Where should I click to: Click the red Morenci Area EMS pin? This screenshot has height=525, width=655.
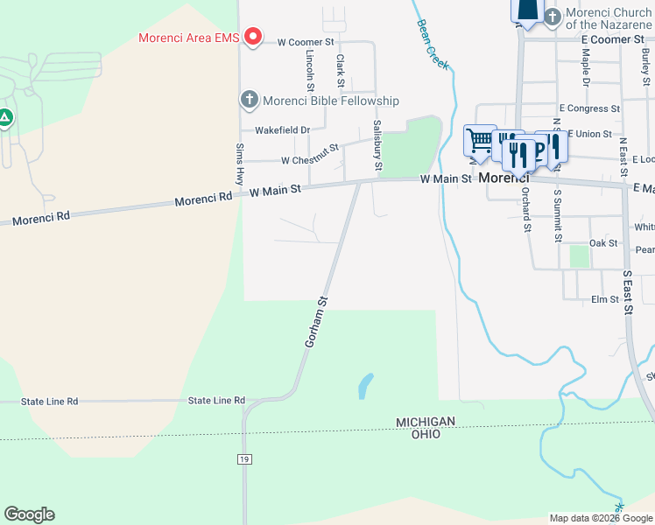pos(253,36)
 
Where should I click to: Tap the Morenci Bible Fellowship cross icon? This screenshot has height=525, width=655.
pos(249,100)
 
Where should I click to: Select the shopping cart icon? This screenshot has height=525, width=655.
pos(479,139)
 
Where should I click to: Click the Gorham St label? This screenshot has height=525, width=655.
pos(315,322)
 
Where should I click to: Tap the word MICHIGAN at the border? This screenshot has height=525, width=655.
pos(426,422)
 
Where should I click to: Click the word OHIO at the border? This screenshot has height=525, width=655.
pos(426,434)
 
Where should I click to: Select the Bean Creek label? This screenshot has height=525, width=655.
pos(433,45)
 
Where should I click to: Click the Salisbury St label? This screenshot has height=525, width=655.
pos(378,144)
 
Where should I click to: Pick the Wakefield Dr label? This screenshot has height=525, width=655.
pos(282,130)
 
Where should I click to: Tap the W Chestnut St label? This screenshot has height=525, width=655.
pos(310,157)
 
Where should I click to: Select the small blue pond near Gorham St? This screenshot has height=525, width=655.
pos(365,385)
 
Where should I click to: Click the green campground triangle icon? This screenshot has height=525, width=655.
pos(5,117)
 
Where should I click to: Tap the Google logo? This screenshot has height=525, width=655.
pos(29,514)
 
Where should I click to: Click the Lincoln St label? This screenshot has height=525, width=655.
pos(310,68)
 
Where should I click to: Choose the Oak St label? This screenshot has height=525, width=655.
pos(603,243)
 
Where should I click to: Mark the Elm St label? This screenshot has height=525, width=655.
pos(605,299)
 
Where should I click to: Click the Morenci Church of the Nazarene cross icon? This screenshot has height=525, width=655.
pos(553,16)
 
